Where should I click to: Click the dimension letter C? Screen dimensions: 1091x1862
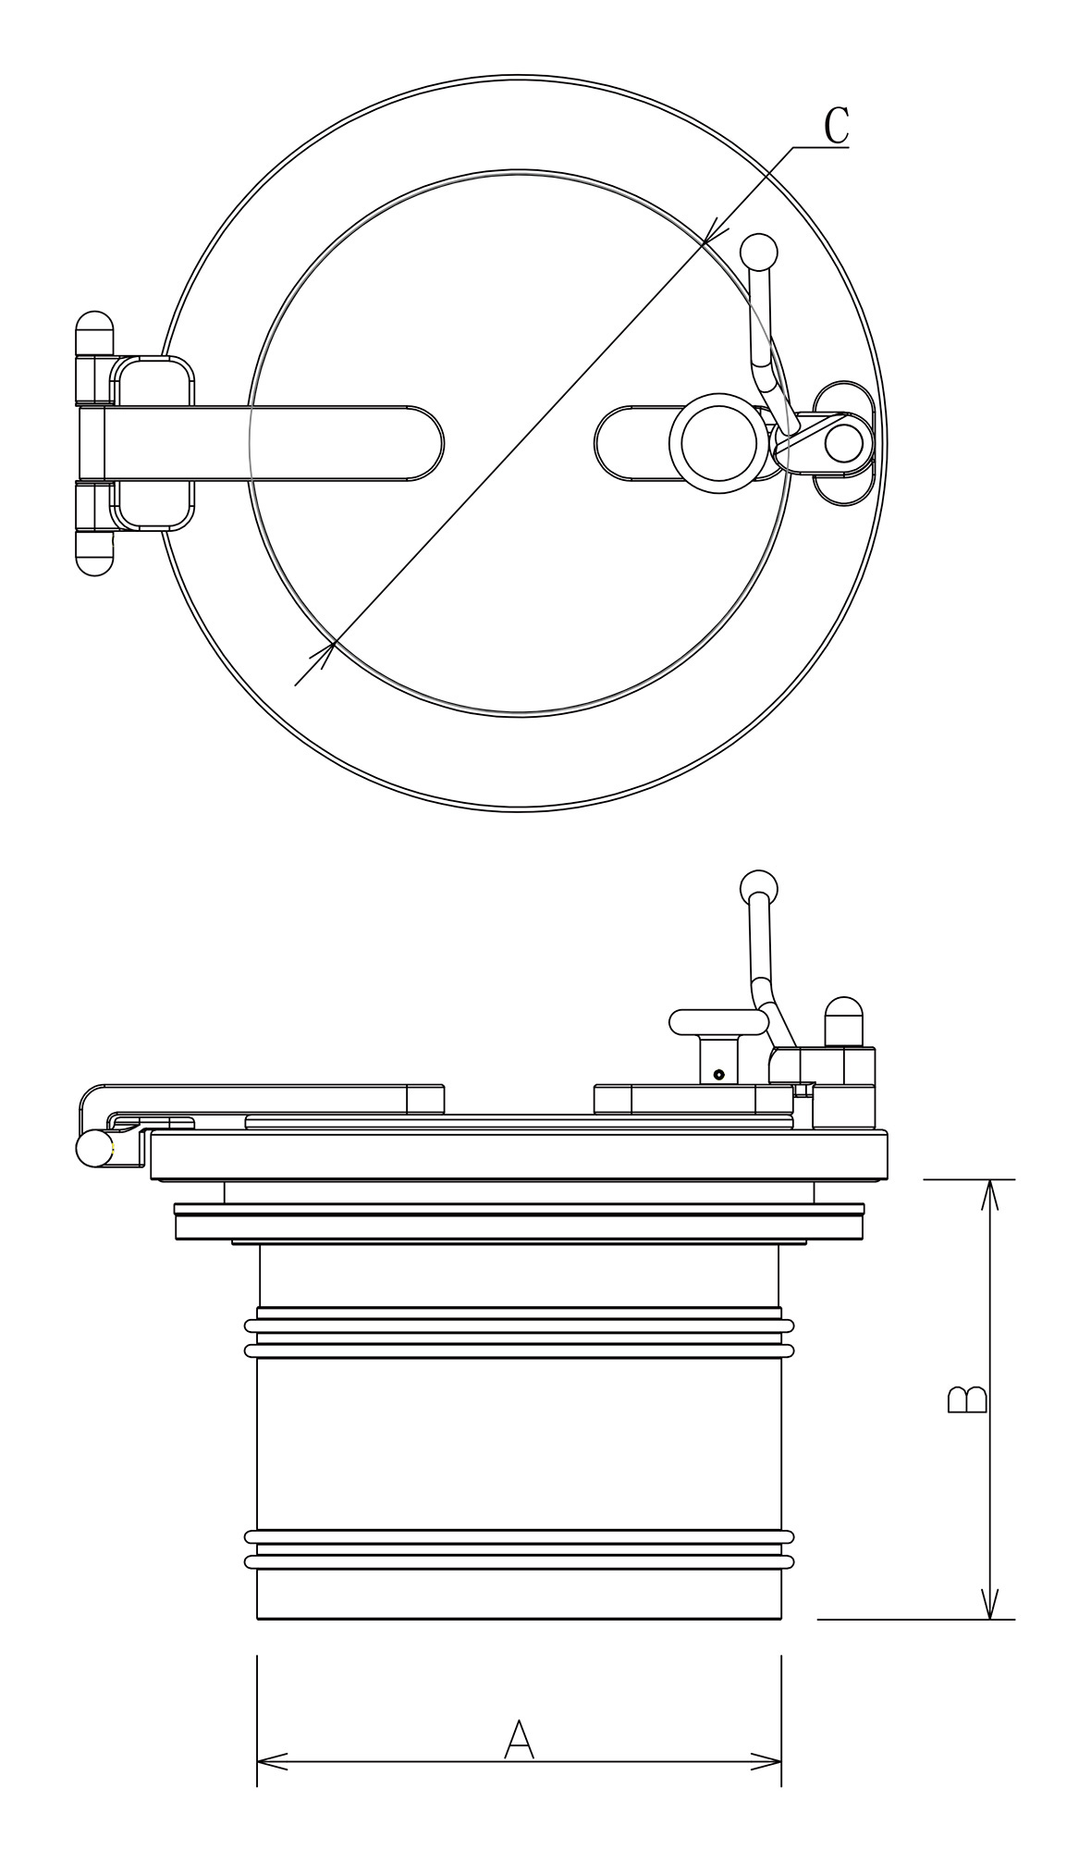coord(836,127)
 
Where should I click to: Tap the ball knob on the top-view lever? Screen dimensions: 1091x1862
coord(758,252)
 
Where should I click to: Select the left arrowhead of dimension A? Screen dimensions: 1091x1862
coord(272,1761)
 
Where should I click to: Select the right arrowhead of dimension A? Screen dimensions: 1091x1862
coord(766,1761)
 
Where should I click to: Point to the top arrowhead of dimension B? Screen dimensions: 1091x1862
coord(990,1195)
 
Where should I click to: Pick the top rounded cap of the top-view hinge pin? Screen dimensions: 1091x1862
coord(94,333)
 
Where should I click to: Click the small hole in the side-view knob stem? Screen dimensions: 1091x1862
coord(718,1074)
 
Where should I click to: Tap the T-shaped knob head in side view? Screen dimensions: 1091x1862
coord(718,1021)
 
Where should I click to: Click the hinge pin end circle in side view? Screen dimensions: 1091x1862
coord(93,1149)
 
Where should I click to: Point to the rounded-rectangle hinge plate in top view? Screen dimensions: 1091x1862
coord(153,444)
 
